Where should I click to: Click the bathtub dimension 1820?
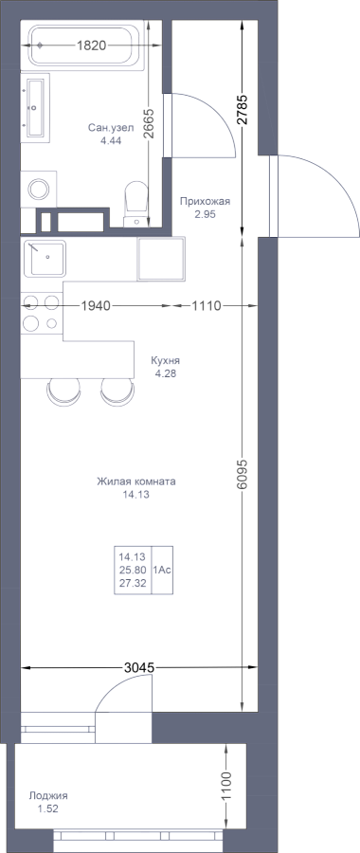tap(91, 45)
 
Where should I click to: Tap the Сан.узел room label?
tap(107, 127)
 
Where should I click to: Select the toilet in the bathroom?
tap(136, 204)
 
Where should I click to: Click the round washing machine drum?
tap(39, 189)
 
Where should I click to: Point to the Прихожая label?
tap(205, 202)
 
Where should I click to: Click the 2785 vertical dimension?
tap(242, 110)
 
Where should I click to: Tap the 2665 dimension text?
tap(150, 124)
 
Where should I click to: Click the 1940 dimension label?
tap(96, 306)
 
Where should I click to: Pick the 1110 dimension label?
tap(207, 306)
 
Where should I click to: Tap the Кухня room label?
tap(166, 361)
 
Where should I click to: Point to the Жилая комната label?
tap(136, 481)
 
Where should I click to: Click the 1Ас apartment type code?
tap(163, 571)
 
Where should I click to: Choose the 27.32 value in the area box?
tap(132, 583)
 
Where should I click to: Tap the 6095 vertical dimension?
tap(242, 475)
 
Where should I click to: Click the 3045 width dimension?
tap(140, 667)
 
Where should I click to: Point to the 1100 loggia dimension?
tap(226, 784)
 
